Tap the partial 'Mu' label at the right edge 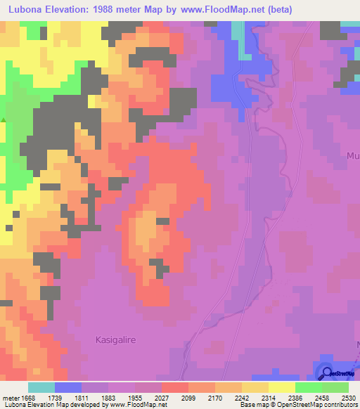(353, 156)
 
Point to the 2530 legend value (349, 397)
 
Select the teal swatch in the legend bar (41, 387)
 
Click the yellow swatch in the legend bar (282, 387)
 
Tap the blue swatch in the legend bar (68, 387)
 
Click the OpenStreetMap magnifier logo (326, 373)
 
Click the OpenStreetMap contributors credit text (324, 405)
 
